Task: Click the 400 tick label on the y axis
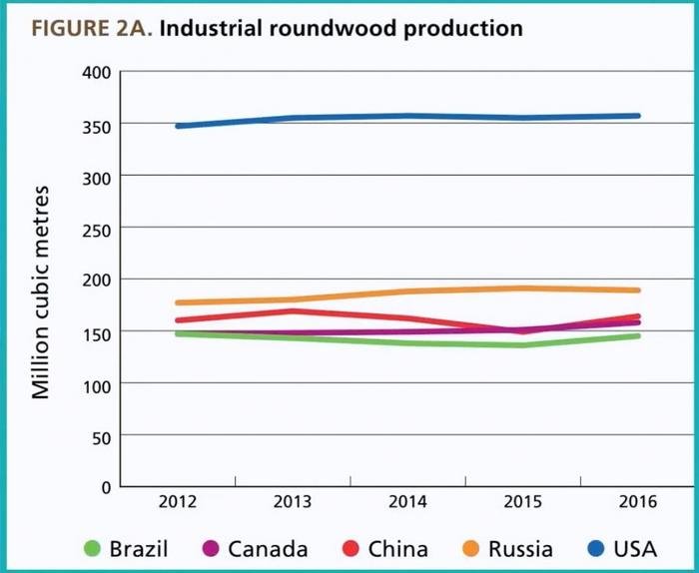[x=96, y=73]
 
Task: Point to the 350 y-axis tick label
[x=96, y=125]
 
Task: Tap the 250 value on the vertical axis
[x=96, y=228]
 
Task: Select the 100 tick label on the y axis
[x=96, y=383]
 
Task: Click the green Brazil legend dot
[x=93, y=548]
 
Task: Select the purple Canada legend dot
[x=211, y=548]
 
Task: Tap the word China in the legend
[x=397, y=548]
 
